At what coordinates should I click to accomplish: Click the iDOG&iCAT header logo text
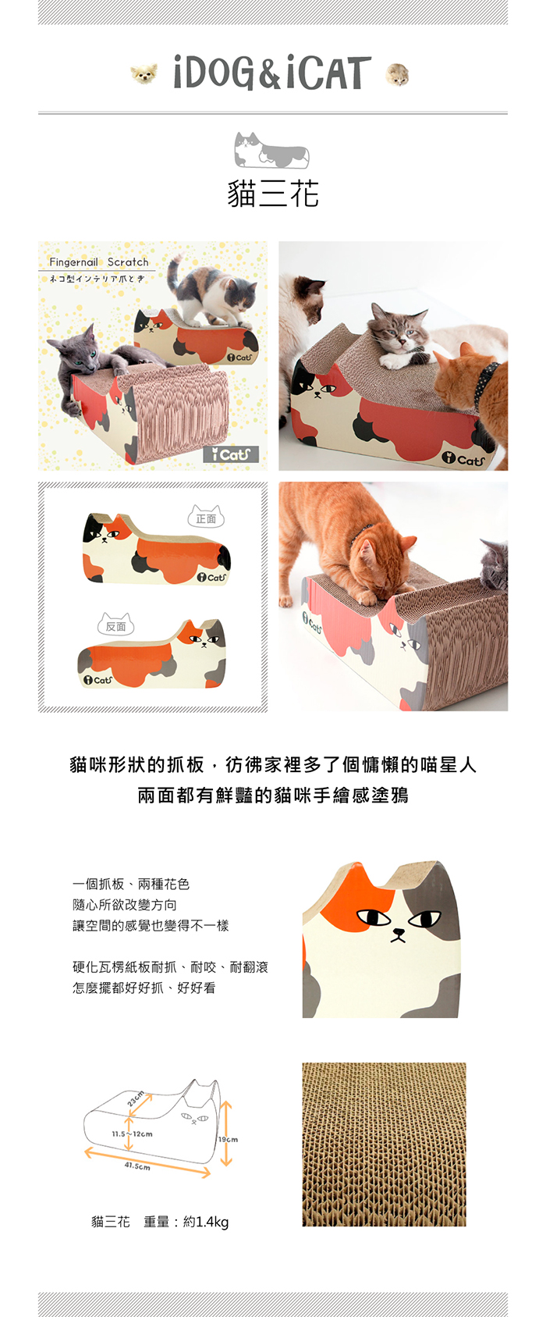(272, 73)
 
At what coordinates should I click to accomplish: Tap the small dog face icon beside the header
(144, 74)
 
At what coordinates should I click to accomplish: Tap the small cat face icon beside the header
(397, 75)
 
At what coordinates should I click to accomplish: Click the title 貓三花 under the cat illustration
(273, 194)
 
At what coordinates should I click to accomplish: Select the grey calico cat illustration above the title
(271, 150)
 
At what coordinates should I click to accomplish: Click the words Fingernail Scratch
(99, 262)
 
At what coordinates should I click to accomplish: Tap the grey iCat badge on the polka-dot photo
(231, 454)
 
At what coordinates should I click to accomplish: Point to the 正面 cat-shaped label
(206, 517)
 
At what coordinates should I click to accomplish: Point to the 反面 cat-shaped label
(115, 625)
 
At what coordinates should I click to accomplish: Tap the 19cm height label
(228, 1140)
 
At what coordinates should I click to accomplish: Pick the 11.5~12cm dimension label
(133, 1134)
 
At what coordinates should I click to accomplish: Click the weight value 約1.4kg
(206, 1223)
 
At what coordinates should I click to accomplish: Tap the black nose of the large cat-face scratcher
(399, 932)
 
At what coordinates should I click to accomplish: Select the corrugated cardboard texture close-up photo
(384, 1144)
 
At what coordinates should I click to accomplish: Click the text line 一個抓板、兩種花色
(131, 884)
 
